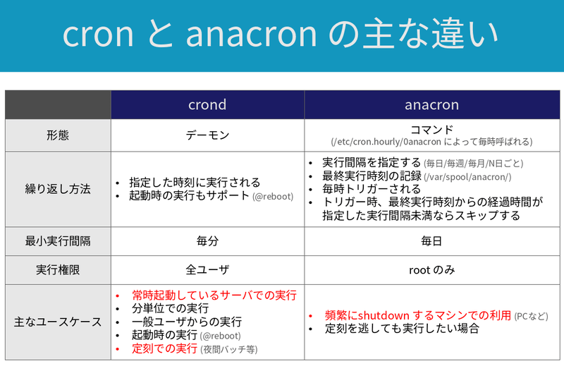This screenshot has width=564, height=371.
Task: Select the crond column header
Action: [207, 105]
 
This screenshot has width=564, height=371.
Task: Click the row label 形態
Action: [58, 135]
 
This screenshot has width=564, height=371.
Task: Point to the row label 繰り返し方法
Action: [58, 189]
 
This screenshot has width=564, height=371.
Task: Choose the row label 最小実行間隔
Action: [58, 241]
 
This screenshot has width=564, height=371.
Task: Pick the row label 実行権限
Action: [58, 269]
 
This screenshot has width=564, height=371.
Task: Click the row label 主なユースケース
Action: [58, 322]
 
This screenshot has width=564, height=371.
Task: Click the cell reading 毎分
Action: [207, 241]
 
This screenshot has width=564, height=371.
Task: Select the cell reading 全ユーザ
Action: [207, 269]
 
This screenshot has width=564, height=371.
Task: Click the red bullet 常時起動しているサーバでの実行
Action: [214, 295]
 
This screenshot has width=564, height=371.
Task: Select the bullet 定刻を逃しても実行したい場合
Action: [402, 329]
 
